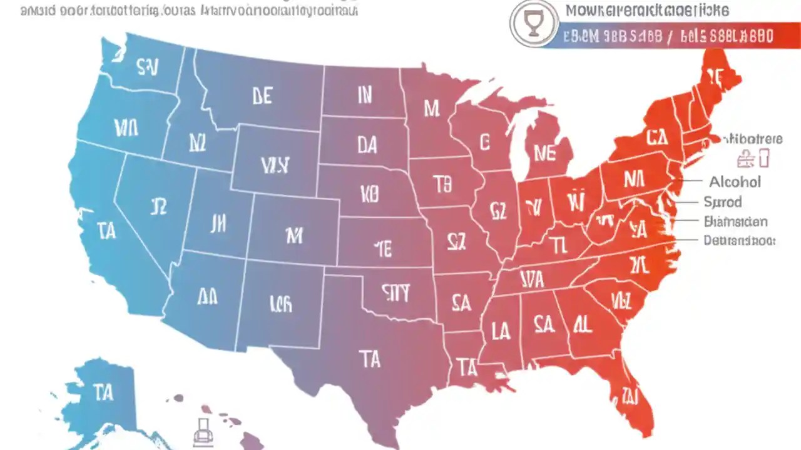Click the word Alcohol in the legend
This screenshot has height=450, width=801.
click(735, 182)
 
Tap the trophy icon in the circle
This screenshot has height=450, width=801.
click(533, 24)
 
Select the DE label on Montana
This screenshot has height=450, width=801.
click(262, 96)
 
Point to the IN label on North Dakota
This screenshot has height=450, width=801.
click(364, 95)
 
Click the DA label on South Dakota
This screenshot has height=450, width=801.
click(367, 146)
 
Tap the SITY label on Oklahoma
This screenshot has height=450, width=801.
click(395, 292)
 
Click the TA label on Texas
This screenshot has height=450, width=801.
click(369, 359)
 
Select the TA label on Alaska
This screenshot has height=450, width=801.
click(103, 393)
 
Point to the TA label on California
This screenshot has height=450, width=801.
click(107, 231)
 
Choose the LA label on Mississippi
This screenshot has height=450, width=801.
click(501, 331)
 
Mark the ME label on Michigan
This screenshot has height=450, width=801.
click(544, 153)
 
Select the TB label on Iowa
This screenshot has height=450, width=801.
click(442, 184)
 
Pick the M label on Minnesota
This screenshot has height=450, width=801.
click(431, 109)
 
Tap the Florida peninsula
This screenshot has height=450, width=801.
click(629, 394)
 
